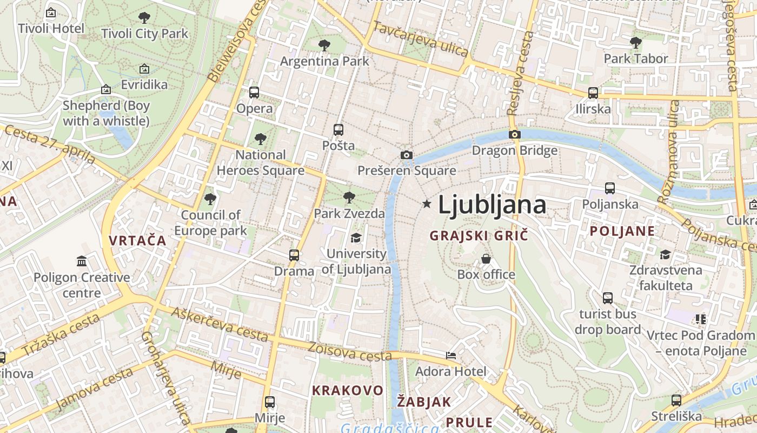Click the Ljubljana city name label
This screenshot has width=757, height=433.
[x=492, y=205]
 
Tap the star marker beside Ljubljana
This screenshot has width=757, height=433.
[x=427, y=204]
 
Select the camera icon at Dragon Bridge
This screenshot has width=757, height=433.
[x=514, y=134]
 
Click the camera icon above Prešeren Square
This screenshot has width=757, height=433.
[x=407, y=155]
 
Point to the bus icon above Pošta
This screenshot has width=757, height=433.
[x=338, y=130]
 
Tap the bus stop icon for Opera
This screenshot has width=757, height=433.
[x=254, y=93]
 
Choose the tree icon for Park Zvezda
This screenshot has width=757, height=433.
[x=349, y=198]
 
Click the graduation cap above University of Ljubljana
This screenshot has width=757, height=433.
[x=356, y=238]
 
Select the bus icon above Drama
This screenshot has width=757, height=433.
[x=294, y=255]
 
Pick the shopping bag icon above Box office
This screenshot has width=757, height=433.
[x=486, y=259]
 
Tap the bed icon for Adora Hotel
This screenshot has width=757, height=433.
[x=451, y=356]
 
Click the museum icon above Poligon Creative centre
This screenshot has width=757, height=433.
[x=82, y=262]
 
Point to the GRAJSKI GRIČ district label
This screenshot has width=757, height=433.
[x=478, y=235]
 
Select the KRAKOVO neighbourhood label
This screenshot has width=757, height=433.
[x=348, y=390]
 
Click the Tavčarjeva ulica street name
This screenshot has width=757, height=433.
[x=420, y=39]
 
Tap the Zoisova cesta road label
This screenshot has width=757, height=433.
[x=350, y=353]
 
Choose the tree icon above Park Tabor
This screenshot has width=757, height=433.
[x=636, y=42]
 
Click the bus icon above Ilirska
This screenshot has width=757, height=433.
[x=593, y=93]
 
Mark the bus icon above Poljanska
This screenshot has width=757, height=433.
[x=610, y=188]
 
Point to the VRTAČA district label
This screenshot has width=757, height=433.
[x=137, y=241]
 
